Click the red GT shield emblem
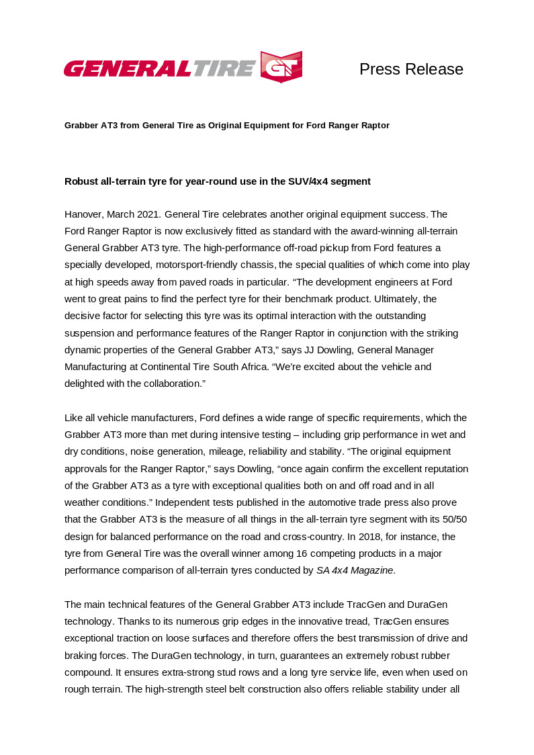pyautogui.click(x=281, y=66)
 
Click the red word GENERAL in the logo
pyautogui.click(x=128, y=68)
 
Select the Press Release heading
pyautogui.click(x=411, y=69)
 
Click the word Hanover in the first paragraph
pyautogui.click(x=83, y=214)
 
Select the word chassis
pyautogui.click(x=276, y=265)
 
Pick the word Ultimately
pyautogui.click(x=390, y=298)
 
